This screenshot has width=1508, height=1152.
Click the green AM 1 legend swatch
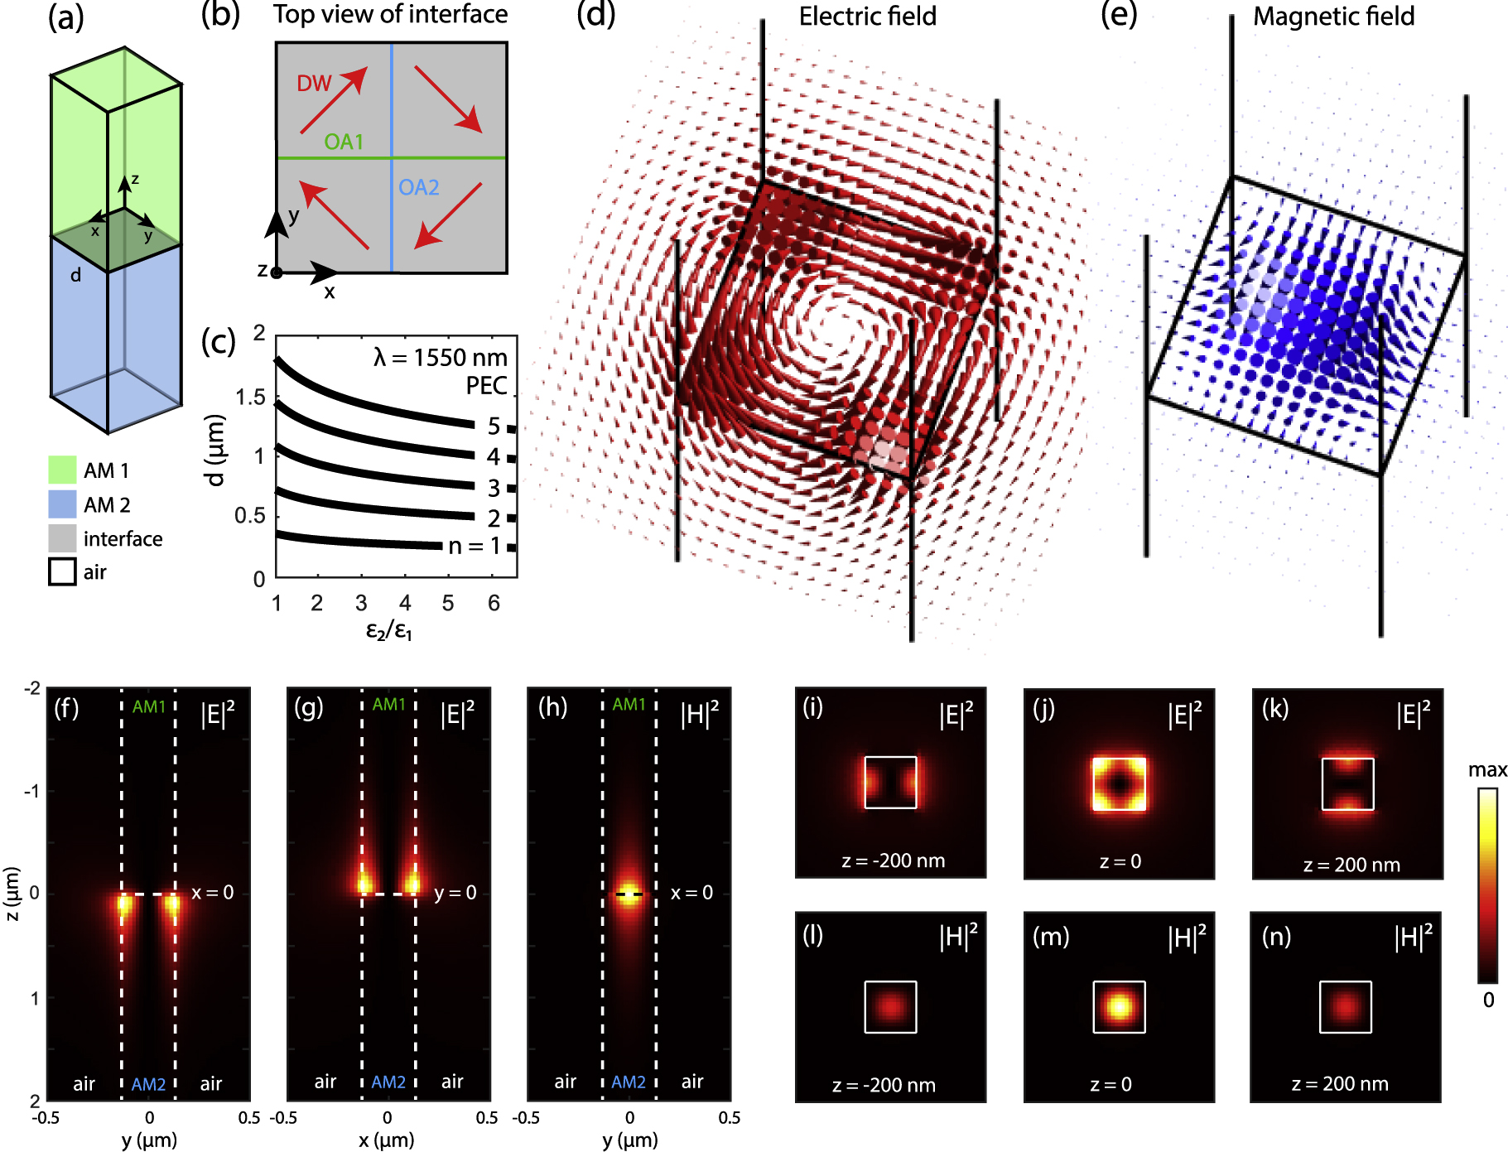tap(62, 470)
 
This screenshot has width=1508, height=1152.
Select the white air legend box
tap(62, 571)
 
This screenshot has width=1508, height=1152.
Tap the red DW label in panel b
tap(314, 84)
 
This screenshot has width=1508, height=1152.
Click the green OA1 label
tap(344, 142)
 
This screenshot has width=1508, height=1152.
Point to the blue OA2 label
tap(418, 188)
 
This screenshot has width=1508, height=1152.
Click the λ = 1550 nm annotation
tap(440, 358)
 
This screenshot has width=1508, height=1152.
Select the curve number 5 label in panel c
tap(494, 426)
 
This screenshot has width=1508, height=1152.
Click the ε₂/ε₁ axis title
tap(388, 631)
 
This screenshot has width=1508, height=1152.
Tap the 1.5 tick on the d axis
tap(250, 398)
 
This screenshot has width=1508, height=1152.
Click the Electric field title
tap(867, 17)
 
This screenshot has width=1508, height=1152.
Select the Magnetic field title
tap(1333, 17)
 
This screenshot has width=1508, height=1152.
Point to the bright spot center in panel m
tap(1119, 1007)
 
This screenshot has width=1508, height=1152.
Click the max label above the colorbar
tap(1487, 770)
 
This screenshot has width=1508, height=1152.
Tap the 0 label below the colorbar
tap(1488, 1000)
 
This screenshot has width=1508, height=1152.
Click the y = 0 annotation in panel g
tap(455, 893)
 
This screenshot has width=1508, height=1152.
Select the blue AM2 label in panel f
tap(148, 1084)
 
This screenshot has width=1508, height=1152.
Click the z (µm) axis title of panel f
tap(12, 893)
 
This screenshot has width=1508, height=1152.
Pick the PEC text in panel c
tap(486, 386)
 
